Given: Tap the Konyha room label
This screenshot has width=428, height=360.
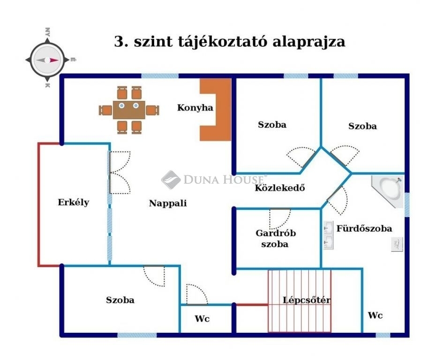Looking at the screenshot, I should coord(195,108).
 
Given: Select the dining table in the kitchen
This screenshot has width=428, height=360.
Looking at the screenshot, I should coord(129,110).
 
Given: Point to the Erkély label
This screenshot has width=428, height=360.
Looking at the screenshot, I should coord(74,202).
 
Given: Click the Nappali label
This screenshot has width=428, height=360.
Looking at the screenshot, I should coord(168,203).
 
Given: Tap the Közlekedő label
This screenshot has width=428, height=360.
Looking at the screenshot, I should coord(280,188).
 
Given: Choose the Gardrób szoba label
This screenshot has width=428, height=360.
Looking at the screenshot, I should coord(276,238).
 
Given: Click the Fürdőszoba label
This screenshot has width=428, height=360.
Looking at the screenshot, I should coord(364,229).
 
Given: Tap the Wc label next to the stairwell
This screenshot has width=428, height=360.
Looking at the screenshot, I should coord(375,315).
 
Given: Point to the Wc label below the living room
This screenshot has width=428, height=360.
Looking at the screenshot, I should coord(202,319).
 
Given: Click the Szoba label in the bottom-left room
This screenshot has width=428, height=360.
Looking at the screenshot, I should coord(120,300).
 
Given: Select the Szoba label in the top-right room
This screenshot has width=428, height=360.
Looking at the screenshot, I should coord(362,126).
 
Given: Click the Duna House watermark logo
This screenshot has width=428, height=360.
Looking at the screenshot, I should coord(214,180).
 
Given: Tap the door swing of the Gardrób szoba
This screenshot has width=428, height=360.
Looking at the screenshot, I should coord(280,218).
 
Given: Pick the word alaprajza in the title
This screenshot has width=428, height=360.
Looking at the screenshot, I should coord(308,41).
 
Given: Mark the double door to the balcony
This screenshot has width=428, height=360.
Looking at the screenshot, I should coord(119,172).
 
